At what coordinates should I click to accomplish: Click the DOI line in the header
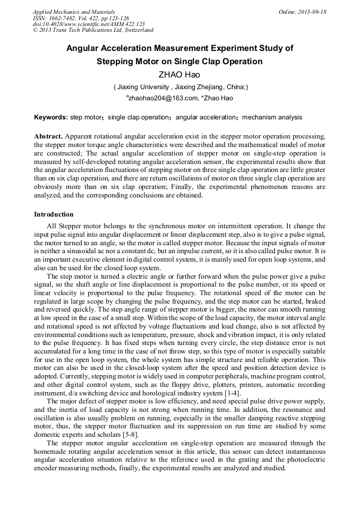click(89, 24)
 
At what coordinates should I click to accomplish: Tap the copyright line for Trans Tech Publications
click(93, 30)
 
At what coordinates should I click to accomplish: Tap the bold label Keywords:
click(51, 117)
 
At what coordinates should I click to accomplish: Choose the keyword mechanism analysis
click(272, 117)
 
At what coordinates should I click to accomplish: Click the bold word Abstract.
click(49, 136)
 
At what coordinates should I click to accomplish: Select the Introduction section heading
click(54, 214)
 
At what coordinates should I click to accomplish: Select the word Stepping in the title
click(115, 62)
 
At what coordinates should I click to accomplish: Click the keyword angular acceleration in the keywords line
click(205, 117)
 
